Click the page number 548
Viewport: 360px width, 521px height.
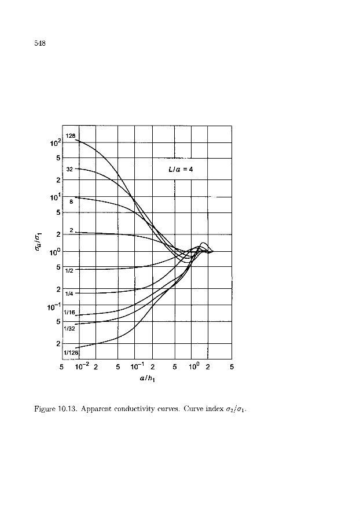click(x=40, y=43)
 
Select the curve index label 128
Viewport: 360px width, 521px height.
click(x=71, y=136)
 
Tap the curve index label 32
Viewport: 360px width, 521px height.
click(x=69, y=169)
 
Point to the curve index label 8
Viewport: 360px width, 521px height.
click(x=71, y=203)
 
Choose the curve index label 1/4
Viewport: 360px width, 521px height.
click(x=68, y=293)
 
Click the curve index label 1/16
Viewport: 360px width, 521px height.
click(x=69, y=313)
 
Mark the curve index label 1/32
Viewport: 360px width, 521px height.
click(x=69, y=328)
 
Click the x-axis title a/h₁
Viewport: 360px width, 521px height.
click(x=146, y=379)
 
